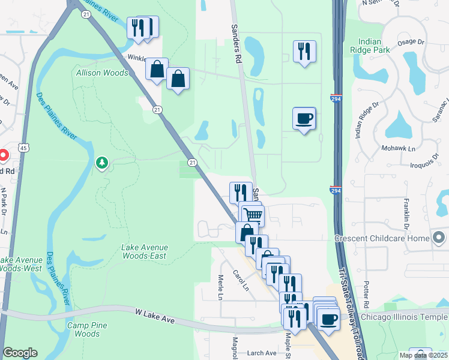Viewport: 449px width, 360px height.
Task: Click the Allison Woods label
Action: point(102,73)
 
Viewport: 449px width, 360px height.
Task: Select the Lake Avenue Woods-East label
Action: point(144,251)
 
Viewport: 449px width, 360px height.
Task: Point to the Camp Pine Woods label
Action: point(83,329)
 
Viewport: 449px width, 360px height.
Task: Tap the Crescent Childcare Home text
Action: point(382,238)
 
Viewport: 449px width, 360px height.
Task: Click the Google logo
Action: point(20,353)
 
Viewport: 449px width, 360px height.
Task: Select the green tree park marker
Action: point(103,163)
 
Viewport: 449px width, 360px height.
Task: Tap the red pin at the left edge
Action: point(2,155)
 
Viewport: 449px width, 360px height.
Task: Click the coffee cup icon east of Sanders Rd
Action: point(304,118)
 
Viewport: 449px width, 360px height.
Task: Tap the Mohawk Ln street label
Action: point(394,148)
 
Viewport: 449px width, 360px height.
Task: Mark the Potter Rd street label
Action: point(367,292)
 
